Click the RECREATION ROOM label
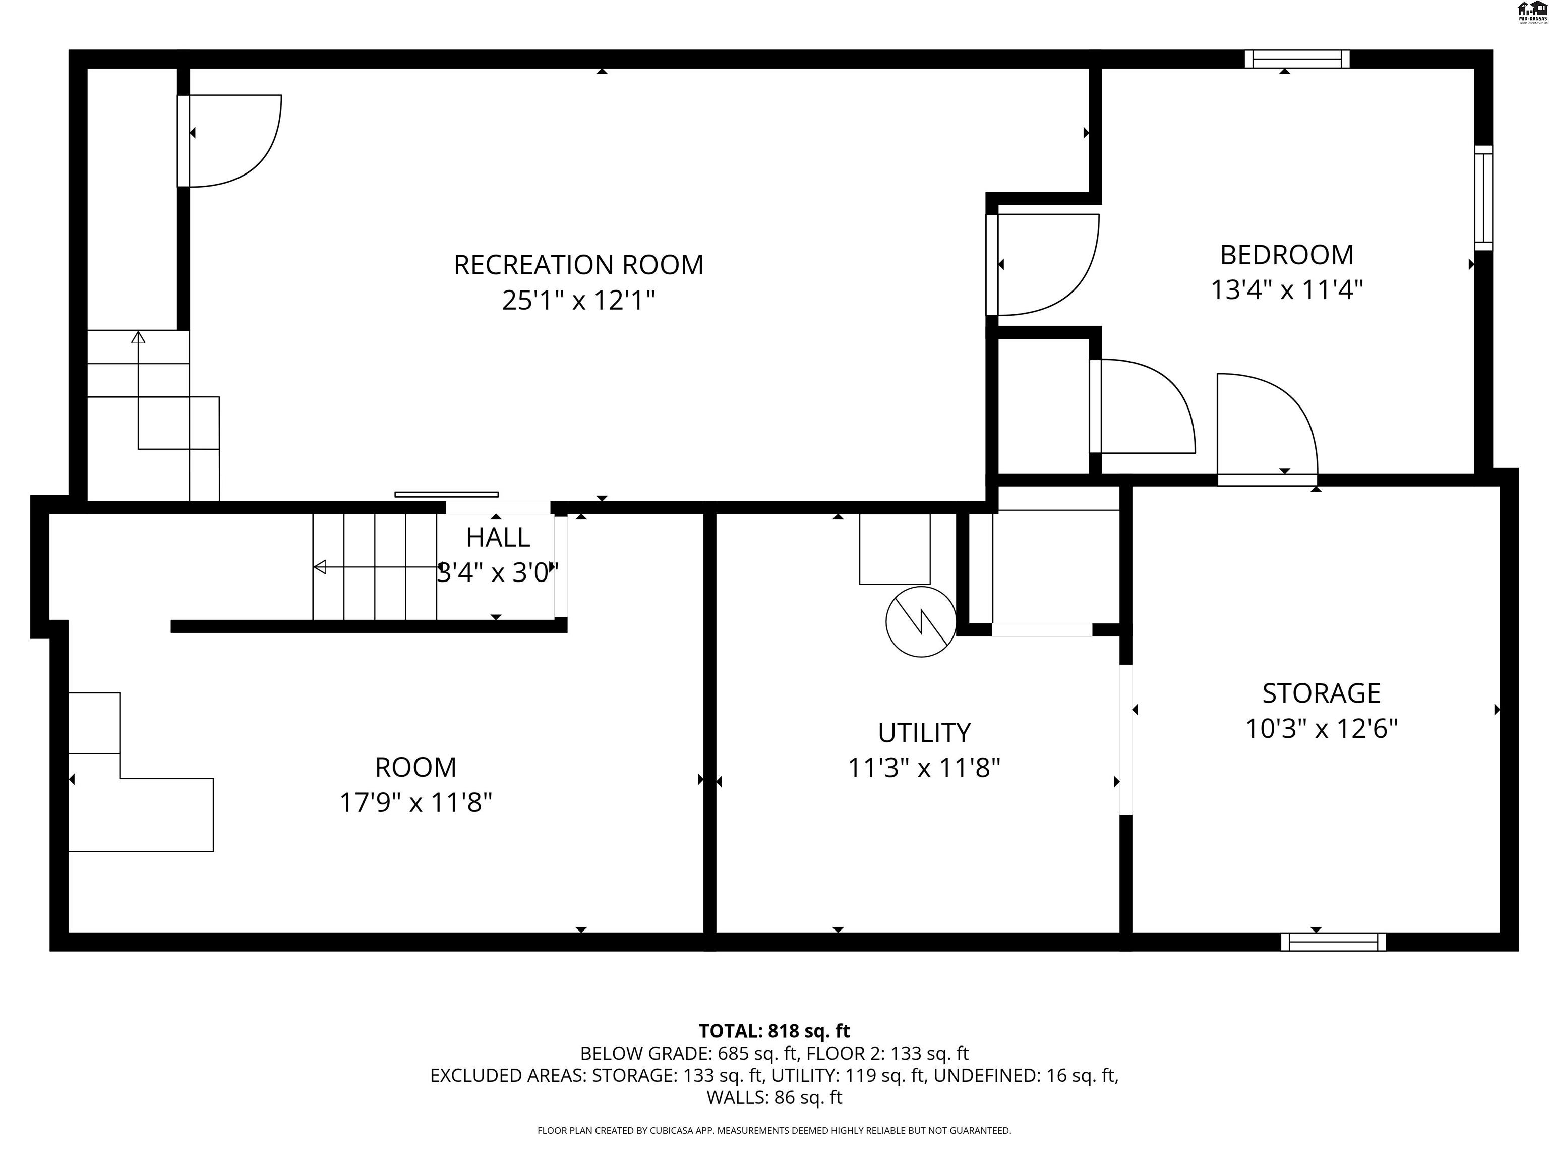point(578,265)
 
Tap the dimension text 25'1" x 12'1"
point(578,301)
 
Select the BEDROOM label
point(1286,255)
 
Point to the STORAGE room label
point(1321,693)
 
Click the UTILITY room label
point(924,733)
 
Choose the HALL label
point(498,537)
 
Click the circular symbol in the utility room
point(920,621)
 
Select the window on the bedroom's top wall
point(1296,59)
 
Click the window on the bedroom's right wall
point(1483,198)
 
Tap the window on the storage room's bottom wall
point(1333,942)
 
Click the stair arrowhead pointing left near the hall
point(320,567)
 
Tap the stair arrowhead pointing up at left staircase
point(139,337)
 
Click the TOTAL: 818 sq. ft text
point(774,1031)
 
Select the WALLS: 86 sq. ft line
point(774,1097)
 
